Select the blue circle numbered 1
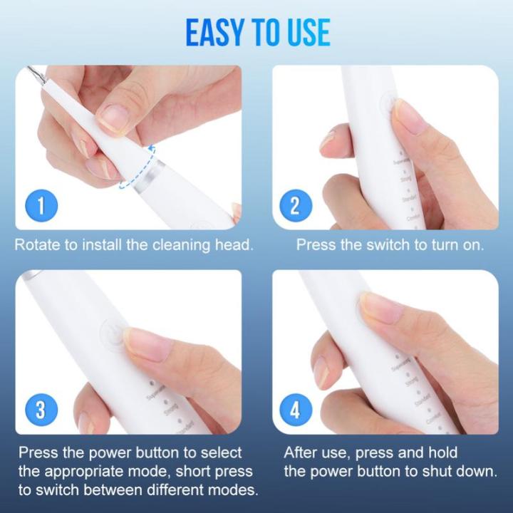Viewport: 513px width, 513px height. click(41, 207)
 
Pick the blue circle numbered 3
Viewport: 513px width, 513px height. click(41, 410)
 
